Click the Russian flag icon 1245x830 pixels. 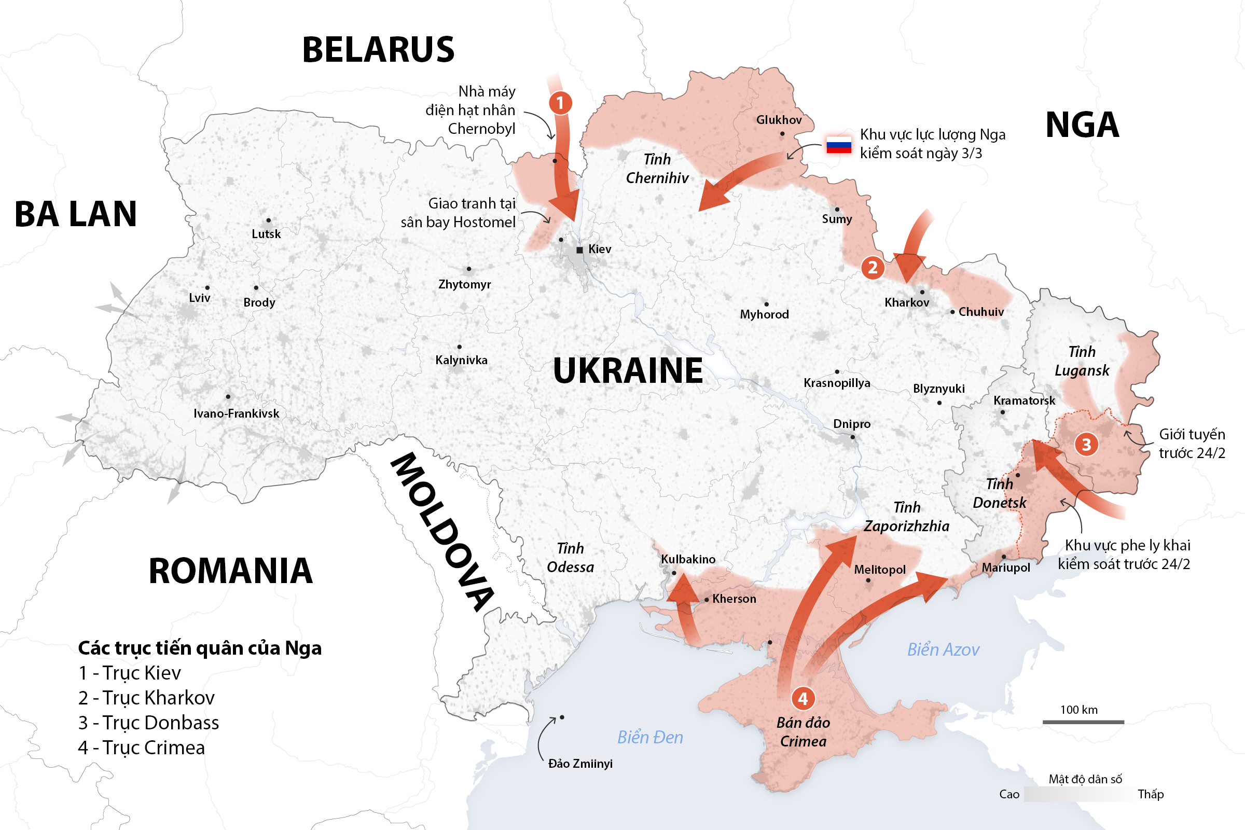pos(839,144)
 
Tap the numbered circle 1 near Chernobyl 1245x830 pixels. pos(560,103)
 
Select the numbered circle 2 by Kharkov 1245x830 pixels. pos(873,267)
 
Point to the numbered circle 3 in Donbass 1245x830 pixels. pos(1086,444)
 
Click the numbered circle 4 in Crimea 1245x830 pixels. pos(803,698)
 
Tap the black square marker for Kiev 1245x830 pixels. pos(579,250)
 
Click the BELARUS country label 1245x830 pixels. pos(378,50)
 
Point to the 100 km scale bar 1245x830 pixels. pos(1083,722)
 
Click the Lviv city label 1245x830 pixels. pos(200,298)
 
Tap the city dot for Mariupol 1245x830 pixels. pos(1004,557)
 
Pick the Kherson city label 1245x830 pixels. pos(734,599)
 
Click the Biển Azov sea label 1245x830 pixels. pos(943,649)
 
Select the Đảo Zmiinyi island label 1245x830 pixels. pos(580,763)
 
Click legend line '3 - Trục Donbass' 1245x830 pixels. pos(149,723)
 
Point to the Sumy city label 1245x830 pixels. pos(837,218)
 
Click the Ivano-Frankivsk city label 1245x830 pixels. pos(236,413)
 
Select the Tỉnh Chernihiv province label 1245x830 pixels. pos(657,168)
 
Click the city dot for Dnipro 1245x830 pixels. pos(852,437)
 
